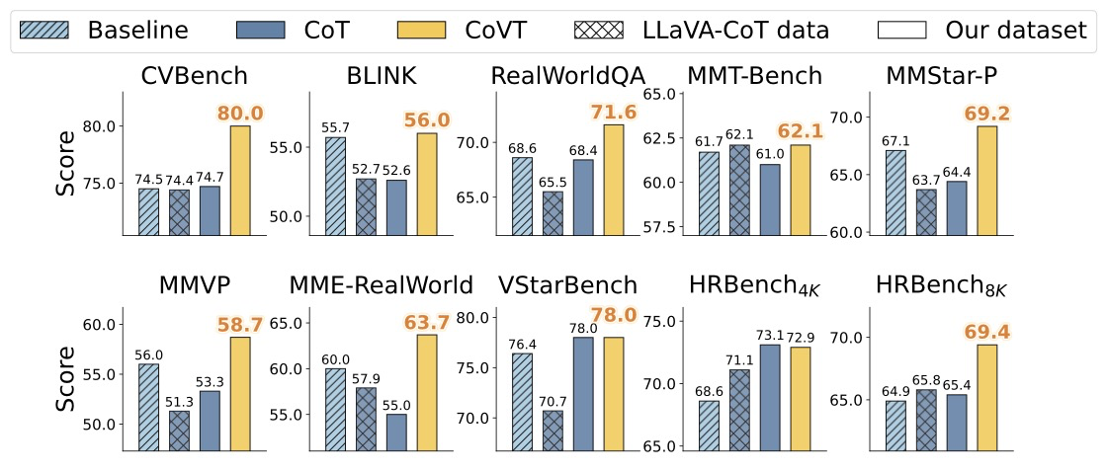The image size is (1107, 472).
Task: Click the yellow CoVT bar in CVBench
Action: (x=240, y=181)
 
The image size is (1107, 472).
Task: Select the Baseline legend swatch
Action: (x=50, y=30)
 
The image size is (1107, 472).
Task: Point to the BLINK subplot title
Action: (x=381, y=76)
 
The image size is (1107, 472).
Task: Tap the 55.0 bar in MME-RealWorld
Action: (x=395, y=432)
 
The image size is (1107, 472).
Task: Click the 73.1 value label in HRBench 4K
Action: (x=770, y=335)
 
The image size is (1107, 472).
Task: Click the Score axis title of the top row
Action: (x=65, y=164)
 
